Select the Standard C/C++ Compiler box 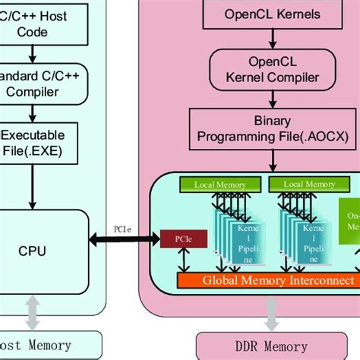pyautogui.click(x=42, y=83)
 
